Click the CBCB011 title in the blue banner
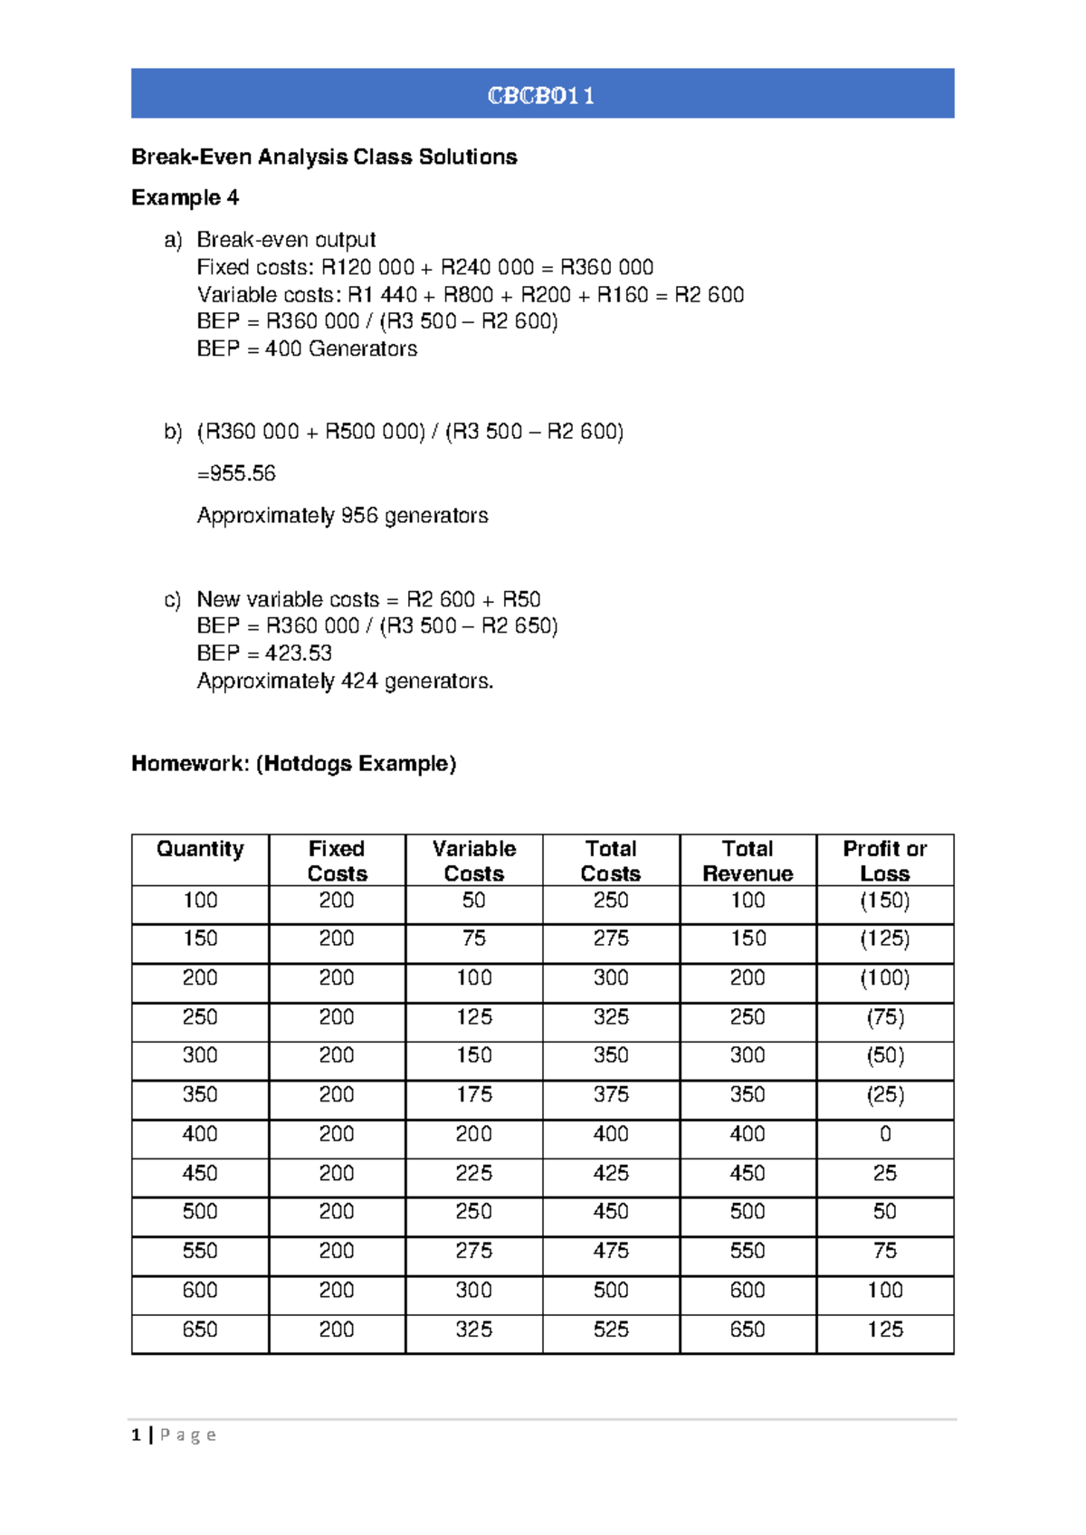[541, 95]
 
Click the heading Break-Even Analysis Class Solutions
[324, 157]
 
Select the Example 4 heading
[185, 197]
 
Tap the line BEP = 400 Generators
[307, 348]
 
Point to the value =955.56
[236, 473]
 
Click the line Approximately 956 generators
[342, 515]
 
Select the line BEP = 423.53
[264, 653]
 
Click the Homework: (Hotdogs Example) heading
[293, 763]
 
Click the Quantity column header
[200, 849]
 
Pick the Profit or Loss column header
[884, 861]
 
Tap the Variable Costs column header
[473, 861]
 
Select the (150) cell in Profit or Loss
[884, 901]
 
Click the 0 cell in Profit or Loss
[884, 1134]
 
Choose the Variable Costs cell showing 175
[473, 1094]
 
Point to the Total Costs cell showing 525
[611, 1330]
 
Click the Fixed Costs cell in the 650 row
[336, 1330]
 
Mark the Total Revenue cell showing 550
[748, 1251]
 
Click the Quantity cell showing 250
[200, 1016]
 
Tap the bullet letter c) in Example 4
[172, 600]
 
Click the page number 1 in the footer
[136, 1435]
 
